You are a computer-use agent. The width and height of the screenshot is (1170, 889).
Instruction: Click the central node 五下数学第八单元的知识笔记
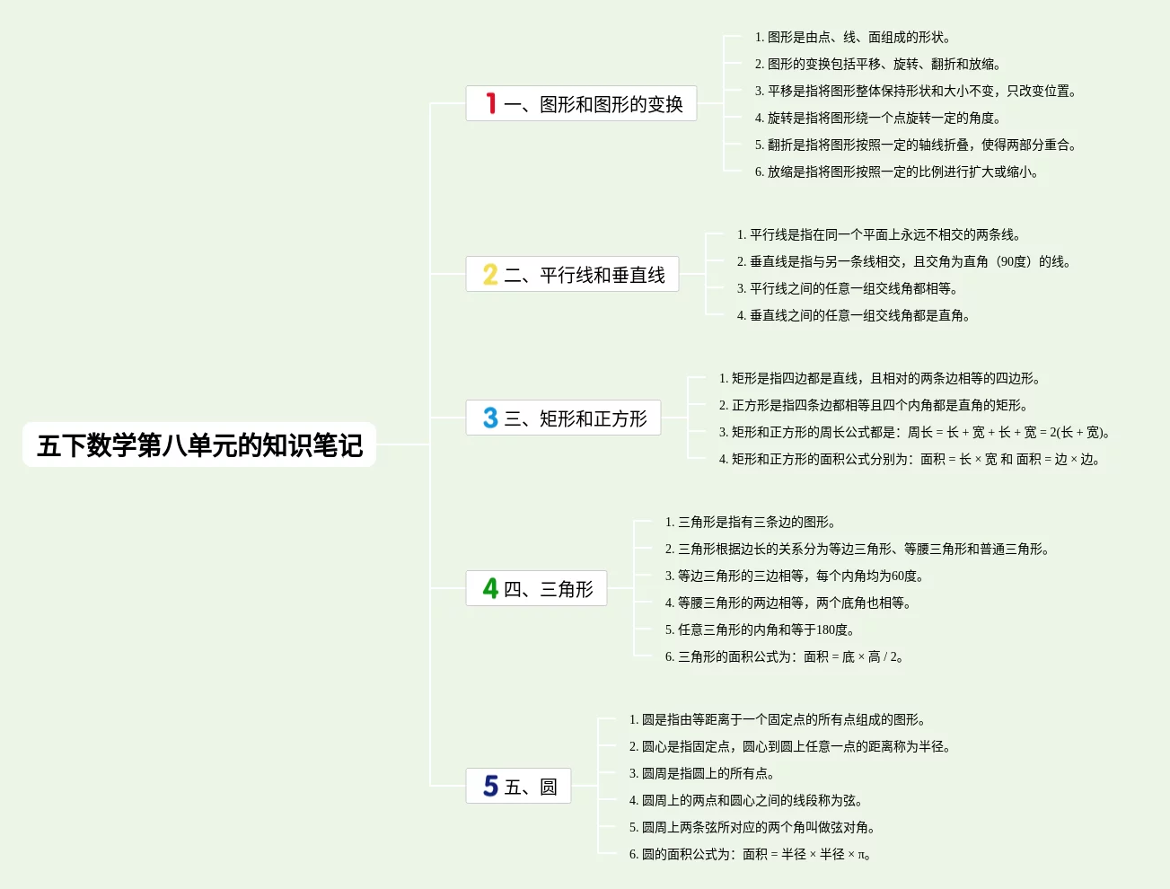(199, 445)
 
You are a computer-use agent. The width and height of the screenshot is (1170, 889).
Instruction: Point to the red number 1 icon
(491, 103)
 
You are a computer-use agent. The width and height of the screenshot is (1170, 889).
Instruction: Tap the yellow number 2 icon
(490, 274)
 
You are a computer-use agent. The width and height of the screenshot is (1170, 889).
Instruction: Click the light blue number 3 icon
(490, 418)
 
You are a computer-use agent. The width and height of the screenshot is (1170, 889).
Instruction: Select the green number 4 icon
(490, 588)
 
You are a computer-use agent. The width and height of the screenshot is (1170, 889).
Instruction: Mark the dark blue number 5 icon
(490, 786)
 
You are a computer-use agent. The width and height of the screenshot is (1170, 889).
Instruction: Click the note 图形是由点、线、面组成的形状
(853, 38)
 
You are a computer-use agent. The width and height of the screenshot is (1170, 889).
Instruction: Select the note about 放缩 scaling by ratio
(896, 172)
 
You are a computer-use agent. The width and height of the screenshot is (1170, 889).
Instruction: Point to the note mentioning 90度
(903, 262)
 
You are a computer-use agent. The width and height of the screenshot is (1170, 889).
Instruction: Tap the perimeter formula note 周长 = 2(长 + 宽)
(914, 433)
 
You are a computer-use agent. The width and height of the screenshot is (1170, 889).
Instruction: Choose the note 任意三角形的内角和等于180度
(760, 630)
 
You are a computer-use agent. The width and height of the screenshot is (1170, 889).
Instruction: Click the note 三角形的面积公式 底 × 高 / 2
(784, 657)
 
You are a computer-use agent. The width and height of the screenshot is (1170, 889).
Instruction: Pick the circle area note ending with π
(750, 855)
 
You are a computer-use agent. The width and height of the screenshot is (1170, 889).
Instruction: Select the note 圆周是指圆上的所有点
(701, 774)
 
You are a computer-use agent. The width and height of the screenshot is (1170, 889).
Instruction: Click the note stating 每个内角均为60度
(794, 577)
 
